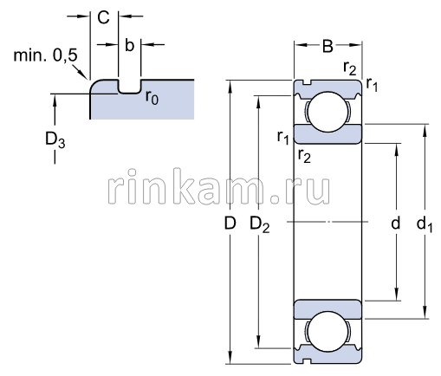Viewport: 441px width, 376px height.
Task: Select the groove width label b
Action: (129, 45)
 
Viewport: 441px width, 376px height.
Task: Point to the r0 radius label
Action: (152, 97)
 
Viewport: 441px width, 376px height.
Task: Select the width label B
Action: (328, 47)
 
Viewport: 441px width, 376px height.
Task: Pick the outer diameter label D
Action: (230, 224)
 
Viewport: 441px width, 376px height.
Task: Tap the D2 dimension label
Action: (259, 224)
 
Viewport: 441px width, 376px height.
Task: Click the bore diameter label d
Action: (395, 224)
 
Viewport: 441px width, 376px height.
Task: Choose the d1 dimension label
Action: (424, 224)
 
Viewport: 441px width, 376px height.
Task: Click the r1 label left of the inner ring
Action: (282, 137)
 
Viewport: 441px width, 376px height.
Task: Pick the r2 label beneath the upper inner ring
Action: (303, 156)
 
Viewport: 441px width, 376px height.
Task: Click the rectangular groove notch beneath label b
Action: (129, 88)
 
